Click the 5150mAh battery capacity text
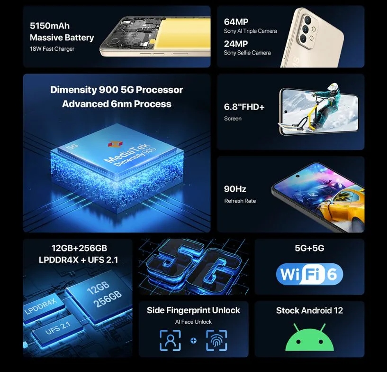(50, 26)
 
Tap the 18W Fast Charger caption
(52, 49)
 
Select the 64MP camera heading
(236, 22)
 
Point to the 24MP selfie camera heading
(236, 44)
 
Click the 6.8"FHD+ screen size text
(244, 107)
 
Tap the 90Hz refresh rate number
(235, 189)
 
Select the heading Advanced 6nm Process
(117, 104)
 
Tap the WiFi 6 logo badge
(309, 274)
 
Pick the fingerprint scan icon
(216, 340)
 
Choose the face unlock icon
(170, 340)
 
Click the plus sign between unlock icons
(193, 341)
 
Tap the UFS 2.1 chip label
(58, 328)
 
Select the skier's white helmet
(332, 87)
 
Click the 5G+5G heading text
(309, 248)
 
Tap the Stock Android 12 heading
(309, 310)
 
